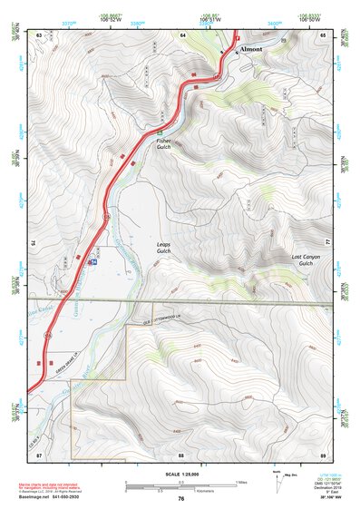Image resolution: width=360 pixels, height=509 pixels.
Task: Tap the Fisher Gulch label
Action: coord(163,144)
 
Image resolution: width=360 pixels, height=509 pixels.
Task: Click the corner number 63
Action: coord(39,34)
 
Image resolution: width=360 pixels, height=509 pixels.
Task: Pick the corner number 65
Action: coord(322,34)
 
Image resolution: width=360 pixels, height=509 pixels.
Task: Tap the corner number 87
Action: coord(39,453)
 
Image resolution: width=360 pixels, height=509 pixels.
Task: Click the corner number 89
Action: coord(322,453)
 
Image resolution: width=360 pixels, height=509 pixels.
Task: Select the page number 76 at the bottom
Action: coord(181,498)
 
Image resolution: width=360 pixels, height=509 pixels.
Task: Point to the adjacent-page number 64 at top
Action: coord(182,34)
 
